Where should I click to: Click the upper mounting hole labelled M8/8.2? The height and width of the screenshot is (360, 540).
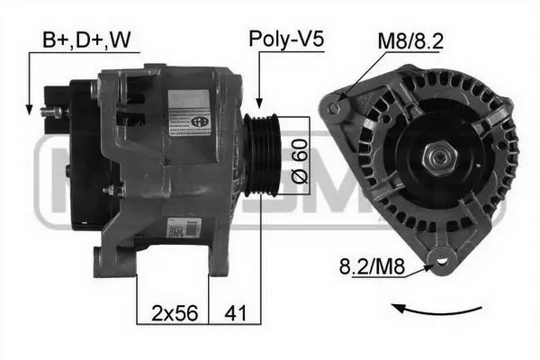[335, 109]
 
